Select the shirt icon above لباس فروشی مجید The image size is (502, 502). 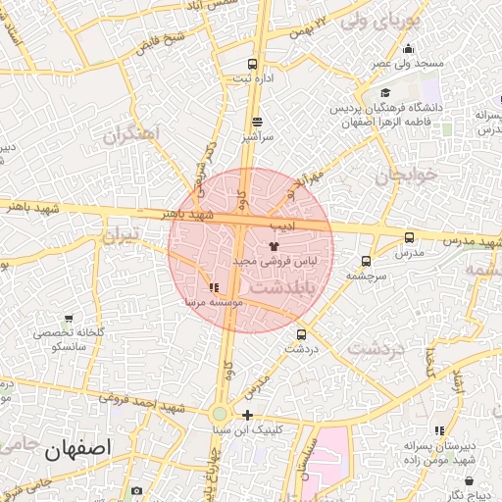273,246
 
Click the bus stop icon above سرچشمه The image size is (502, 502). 366,261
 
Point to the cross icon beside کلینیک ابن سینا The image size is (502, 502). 248,414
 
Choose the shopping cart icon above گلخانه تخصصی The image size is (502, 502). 69,318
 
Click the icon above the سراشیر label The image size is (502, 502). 257,123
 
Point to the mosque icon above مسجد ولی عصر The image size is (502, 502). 408,49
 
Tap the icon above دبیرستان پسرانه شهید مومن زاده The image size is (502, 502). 440,430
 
